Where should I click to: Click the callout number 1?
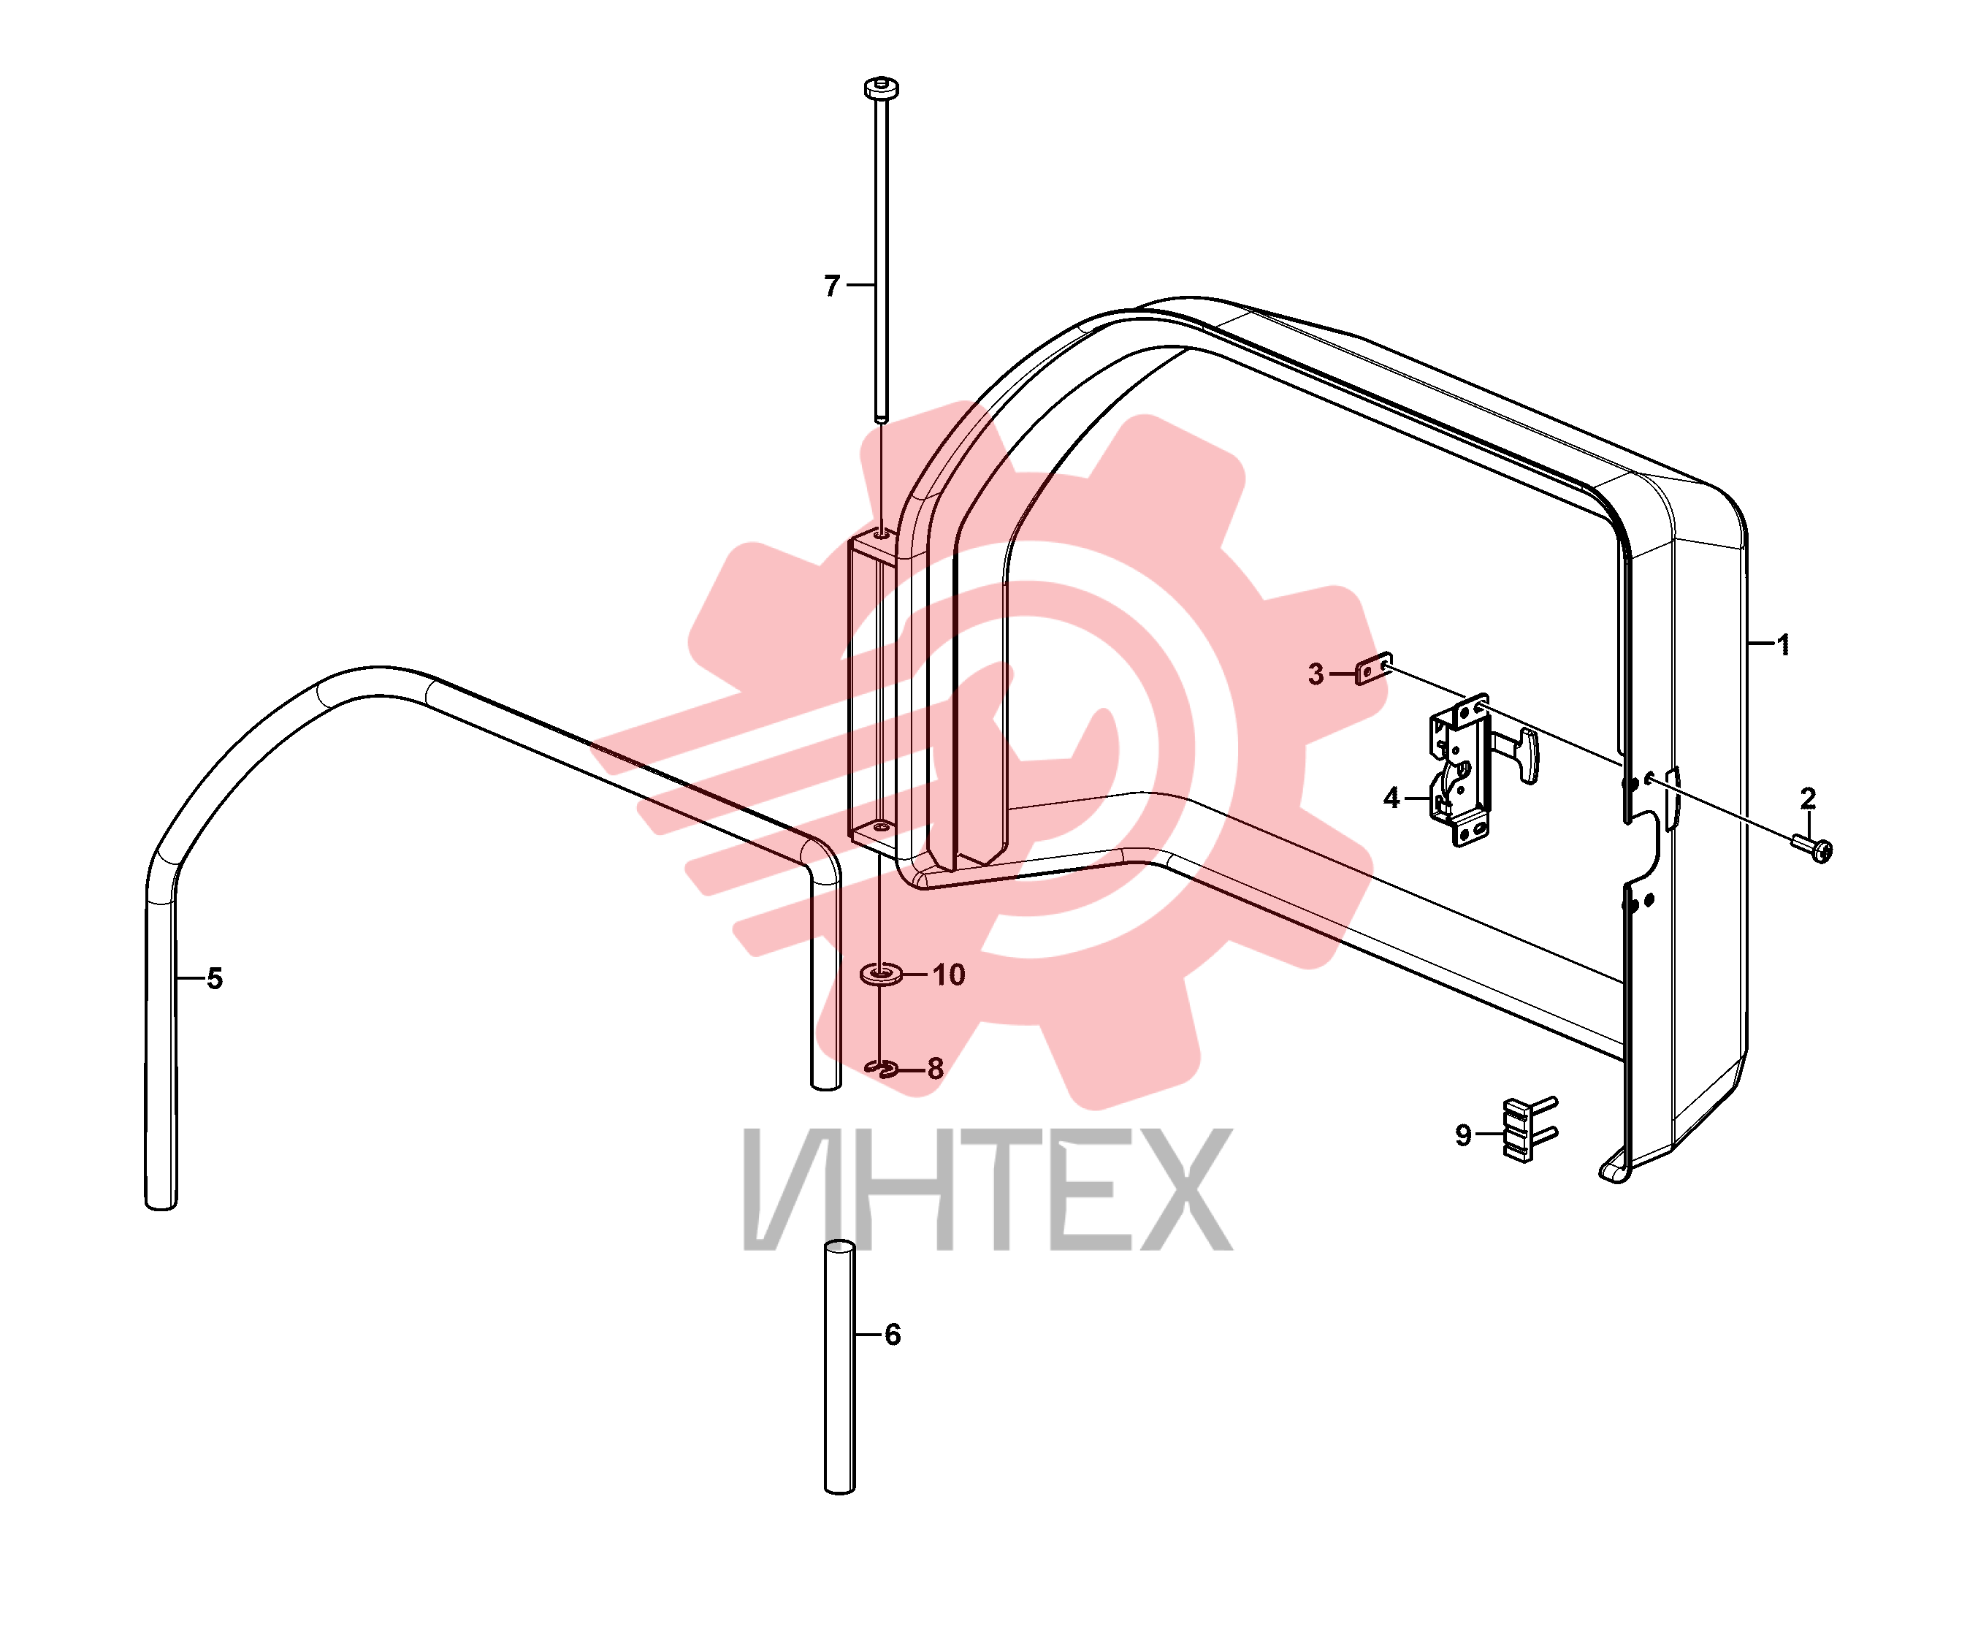coord(1782,645)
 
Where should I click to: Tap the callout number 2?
coord(1808,798)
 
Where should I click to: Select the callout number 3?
coord(1316,674)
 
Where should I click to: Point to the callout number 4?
coord(1391,798)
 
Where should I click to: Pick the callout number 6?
coord(892,1335)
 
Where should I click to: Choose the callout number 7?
coord(832,286)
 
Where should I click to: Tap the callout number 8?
coord(934,1069)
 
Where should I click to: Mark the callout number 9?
coord(1463,1135)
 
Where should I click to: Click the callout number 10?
coord(949,975)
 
